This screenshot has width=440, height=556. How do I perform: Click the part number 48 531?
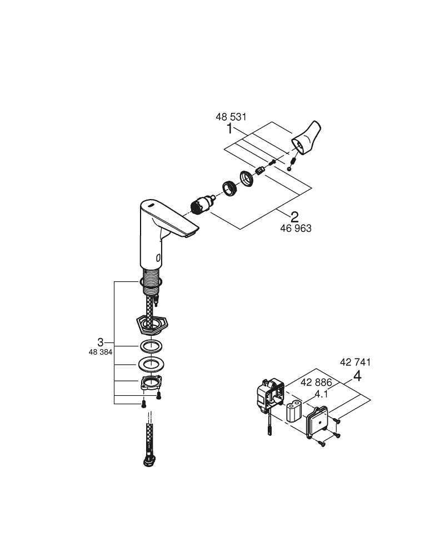[x=231, y=117]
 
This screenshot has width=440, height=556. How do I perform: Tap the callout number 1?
[x=229, y=129]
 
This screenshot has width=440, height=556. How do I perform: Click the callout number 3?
[x=100, y=341]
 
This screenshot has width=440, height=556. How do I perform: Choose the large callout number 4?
[x=357, y=376]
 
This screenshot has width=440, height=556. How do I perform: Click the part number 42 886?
[x=316, y=383]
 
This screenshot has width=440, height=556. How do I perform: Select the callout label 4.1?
[x=321, y=394]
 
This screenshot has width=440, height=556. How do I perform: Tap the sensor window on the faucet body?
[x=159, y=257]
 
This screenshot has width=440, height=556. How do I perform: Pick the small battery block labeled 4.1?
[x=293, y=413]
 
